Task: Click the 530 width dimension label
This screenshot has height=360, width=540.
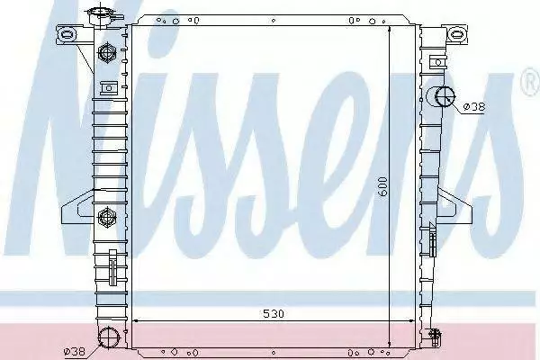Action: click(274, 313)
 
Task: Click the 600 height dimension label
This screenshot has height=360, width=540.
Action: click(382, 186)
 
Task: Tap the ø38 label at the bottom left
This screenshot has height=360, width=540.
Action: click(75, 351)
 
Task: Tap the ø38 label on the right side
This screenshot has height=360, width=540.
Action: click(474, 107)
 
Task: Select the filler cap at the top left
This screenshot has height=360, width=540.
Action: click(103, 14)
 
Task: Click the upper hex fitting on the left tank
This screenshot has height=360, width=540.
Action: click(107, 52)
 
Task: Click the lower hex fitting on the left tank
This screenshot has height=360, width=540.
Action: click(107, 217)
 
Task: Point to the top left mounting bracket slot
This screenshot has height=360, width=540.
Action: click(67, 34)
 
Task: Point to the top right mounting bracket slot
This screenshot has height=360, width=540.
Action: click(456, 34)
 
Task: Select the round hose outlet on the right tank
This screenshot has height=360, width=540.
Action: click(445, 96)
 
